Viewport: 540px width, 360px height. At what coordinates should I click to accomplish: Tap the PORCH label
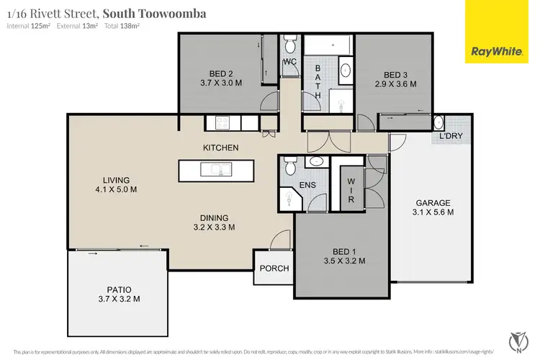point(274,269)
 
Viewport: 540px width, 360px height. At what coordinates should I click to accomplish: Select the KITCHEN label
point(220,148)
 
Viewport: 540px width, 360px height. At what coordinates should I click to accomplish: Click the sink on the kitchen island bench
point(215,169)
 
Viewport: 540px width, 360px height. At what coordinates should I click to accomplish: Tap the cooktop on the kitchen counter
point(217,122)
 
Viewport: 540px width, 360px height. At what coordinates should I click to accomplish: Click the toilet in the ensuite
point(289,168)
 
